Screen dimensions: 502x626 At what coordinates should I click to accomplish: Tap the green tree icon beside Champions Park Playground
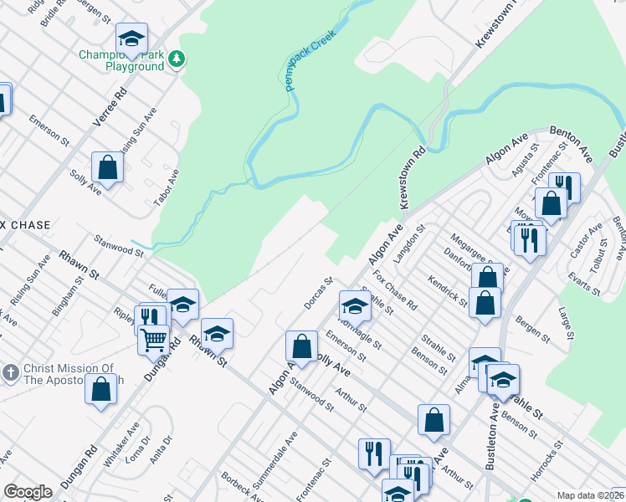point(177,59)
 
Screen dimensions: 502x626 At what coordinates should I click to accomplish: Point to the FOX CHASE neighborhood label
point(25,226)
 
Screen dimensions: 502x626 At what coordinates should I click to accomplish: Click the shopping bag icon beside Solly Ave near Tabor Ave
point(108,166)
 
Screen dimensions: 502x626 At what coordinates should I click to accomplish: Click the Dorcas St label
point(319,293)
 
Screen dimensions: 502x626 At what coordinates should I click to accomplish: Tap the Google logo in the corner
point(28,492)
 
